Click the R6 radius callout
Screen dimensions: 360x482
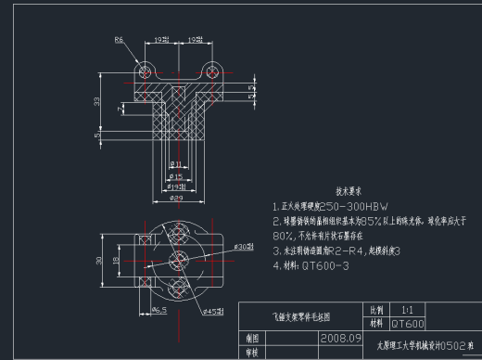[119, 40]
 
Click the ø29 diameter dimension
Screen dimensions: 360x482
[175, 197]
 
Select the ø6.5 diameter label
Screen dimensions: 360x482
[158, 309]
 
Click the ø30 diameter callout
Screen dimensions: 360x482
[243, 248]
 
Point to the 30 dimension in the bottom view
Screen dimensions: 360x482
[101, 261]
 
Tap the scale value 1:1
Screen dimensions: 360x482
[407, 309]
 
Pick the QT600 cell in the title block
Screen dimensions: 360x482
[408, 324]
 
